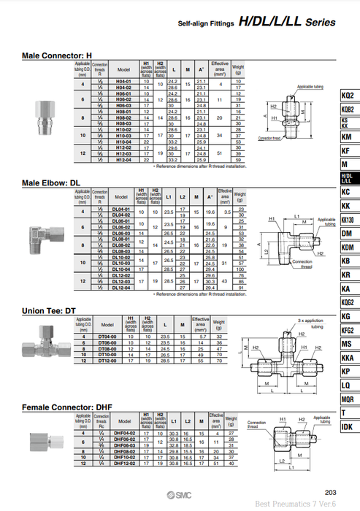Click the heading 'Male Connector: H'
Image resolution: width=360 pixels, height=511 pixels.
tap(57, 55)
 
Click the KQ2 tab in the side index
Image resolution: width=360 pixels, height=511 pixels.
tap(348, 96)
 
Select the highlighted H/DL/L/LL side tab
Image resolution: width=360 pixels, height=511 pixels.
tap(348, 178)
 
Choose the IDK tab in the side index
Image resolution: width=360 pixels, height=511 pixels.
tap(348, 426)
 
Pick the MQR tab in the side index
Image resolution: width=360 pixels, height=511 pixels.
tap(348, 399)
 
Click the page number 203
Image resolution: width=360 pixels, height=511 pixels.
tap(330, 491)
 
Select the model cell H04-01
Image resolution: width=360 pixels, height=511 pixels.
tap(123, 81)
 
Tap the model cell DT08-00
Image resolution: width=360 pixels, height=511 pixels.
tap(108, 350)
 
